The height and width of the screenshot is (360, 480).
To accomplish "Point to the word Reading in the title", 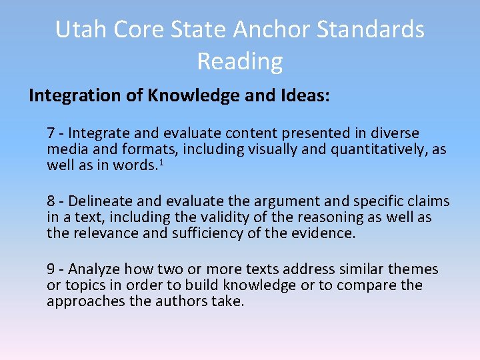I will (240, 61).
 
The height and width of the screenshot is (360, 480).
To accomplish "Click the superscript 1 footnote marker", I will (161, 163).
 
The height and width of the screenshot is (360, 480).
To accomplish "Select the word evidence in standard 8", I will (325, 233).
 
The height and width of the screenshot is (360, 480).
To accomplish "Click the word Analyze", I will (94, 269).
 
